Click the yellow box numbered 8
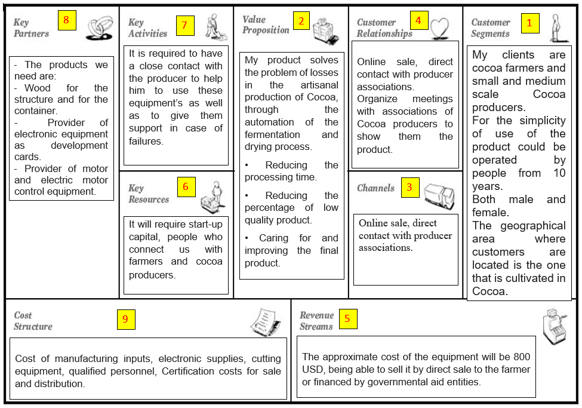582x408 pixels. pyautogui.click(x=66, y=20)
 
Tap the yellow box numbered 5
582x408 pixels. pyautogui.click(x=347, y=319)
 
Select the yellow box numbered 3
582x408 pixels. pyautogui.click(x=409, y=187)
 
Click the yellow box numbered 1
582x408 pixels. pyautogui.click(x=529, y=24)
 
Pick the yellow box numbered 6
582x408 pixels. pyautogui.click(x=186, y=187)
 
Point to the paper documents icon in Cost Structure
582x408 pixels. pyautogui.click(x=265, y=323)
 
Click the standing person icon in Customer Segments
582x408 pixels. pyautogui.click(x=556, y=27)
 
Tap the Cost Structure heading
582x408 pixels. pyautogui.click(x=33, y=321)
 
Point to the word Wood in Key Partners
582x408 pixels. pyautogui.click(x=38, y=88)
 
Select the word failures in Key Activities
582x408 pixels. pyautogui.click(x=146, y=141)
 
